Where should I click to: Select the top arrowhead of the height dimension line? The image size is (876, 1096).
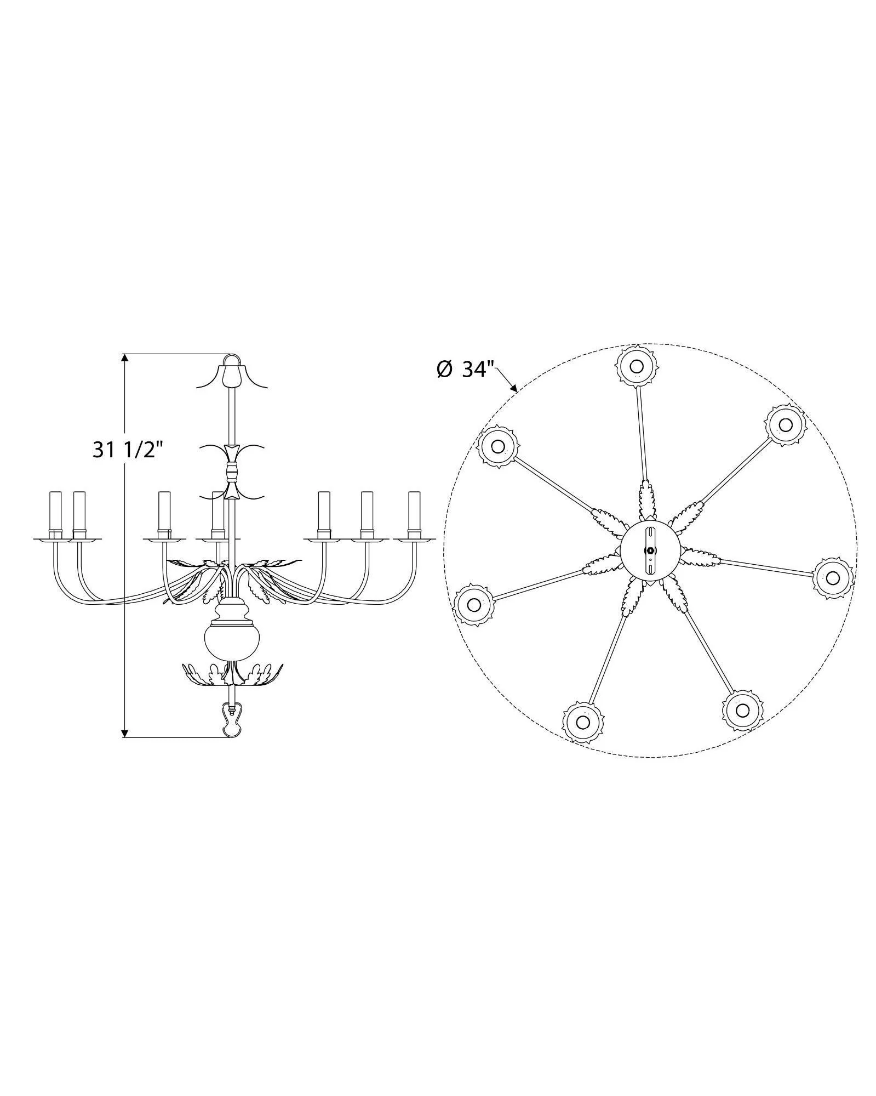[125, 358]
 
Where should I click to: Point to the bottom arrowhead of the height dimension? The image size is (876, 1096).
[125, 732]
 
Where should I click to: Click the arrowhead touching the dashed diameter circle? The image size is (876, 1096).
[514, 387]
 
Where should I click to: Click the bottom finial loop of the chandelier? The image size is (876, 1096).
[232, 723]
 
